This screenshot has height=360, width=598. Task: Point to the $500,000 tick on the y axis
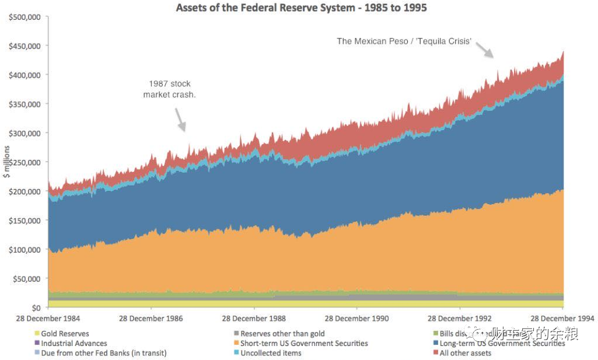pyautogui.click(x=25, y=17)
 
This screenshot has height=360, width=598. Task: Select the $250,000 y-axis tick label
pyautogui.click(x=25, y=162)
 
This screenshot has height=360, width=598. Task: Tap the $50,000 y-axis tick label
pyautogui.click(x=27, y=278)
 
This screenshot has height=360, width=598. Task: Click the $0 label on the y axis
pyautogui.click(x=36, y=307)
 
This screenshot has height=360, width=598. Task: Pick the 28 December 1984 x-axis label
pyautogui.click(x=49, y=319)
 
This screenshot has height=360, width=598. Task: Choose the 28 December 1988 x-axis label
pyautogui.click(x=254, y=319)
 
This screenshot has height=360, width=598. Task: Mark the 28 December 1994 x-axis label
pyautogui.click(x=562, y=319)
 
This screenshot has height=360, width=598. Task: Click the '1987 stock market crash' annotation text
pyautogui.click(x=169, y=89)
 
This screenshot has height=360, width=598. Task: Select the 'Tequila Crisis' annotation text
pyautogui.click(x=404, y=41)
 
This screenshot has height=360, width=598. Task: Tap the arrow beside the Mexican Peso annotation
pyautogui.click(x=485, y=50)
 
